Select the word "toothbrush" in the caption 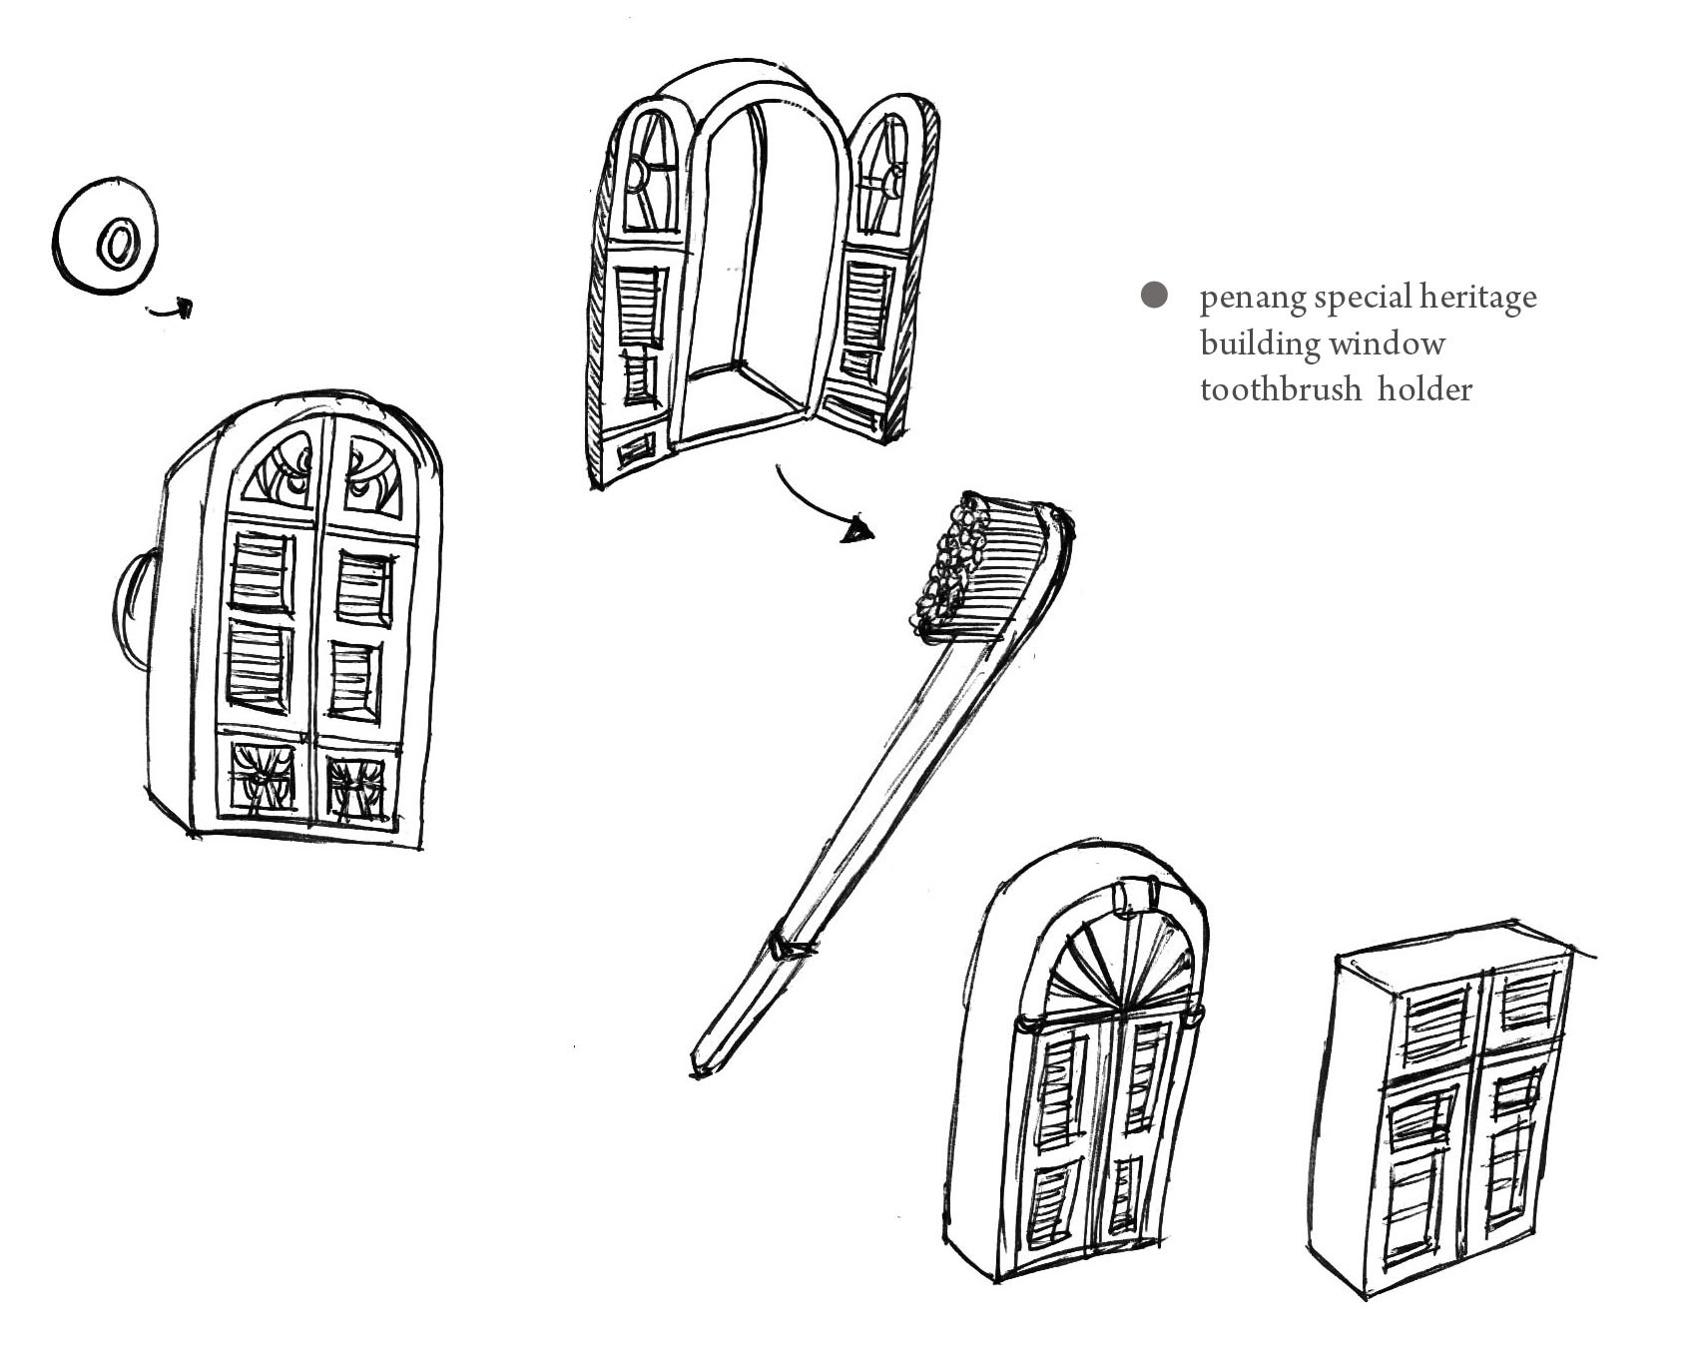tap(1280, 388)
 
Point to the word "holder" tap(1424, 388)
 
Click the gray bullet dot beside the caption tap(1154, 296)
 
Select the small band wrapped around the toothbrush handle tap(789, 945)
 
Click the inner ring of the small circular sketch tap(117, 242)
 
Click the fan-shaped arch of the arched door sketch tap(1120, 969)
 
